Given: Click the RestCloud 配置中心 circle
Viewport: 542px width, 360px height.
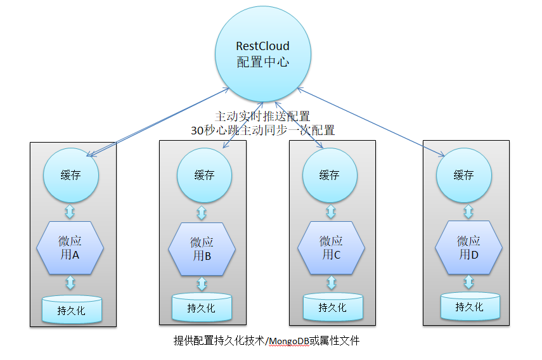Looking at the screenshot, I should point(262,55).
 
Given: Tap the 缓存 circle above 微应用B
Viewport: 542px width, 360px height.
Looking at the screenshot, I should point(204,175).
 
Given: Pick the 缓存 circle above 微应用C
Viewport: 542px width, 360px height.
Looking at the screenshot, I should point(329,175).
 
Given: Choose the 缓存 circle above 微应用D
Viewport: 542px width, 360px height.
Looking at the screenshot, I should point(463,175).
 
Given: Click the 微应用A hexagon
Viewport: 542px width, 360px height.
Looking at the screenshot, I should point(70,247).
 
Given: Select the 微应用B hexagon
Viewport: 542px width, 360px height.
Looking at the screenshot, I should point(202,248).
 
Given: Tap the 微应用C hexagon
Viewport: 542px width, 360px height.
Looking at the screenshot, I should point(330,247).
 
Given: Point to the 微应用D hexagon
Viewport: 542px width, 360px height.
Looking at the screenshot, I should point(468,247).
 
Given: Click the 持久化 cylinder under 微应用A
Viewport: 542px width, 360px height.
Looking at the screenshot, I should point(71,310).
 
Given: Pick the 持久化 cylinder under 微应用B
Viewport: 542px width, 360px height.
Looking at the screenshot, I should point(201,307).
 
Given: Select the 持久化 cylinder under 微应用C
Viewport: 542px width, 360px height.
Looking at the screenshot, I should point(332,307).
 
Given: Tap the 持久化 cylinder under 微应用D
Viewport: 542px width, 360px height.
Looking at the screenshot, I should point(469,306).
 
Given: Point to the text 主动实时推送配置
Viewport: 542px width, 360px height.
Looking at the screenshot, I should point(262,117).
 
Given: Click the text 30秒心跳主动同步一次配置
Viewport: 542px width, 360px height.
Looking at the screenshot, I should point(262,130).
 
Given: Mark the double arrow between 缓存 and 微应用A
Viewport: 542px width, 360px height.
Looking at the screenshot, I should point(70,210).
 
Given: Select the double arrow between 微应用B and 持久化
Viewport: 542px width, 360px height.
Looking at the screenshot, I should point(202,284).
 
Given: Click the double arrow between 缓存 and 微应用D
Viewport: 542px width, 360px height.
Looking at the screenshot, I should point(468,210).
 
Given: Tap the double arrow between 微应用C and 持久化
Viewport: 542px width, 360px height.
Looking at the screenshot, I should point(331,283).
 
